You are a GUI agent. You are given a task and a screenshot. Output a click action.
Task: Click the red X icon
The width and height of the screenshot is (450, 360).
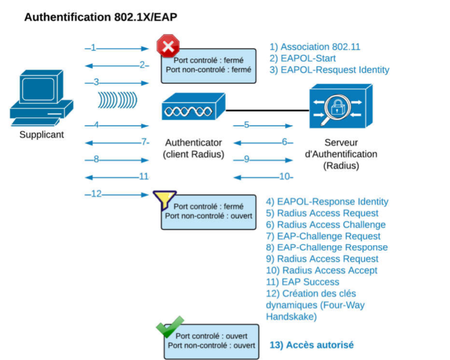coord(168,46)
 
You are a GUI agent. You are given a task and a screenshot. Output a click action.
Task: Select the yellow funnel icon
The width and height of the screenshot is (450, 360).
coord(164,199)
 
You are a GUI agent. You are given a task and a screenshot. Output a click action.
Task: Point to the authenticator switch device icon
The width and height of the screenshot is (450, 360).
coord(193,109)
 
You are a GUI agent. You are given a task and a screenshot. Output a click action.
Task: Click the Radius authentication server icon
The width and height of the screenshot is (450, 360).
coord(341,106)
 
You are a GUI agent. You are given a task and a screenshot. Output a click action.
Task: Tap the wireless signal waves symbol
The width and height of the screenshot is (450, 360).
coord(117,99)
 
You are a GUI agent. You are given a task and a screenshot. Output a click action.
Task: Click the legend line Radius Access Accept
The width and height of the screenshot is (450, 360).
coord(322,270)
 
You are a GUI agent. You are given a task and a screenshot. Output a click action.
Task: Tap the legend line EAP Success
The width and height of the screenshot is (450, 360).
coord(302,282)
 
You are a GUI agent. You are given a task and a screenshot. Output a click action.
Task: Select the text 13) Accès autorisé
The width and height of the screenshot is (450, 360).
coord(311,345)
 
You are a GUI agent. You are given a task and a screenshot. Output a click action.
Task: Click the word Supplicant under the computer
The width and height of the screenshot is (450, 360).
coord(42,134)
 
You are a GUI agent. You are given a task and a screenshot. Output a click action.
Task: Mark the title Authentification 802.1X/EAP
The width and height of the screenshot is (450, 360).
coord(101,17)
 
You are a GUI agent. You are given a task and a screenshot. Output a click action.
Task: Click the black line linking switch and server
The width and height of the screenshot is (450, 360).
coord(267,110)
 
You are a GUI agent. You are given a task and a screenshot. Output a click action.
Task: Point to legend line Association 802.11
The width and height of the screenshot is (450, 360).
coord(314,47)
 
